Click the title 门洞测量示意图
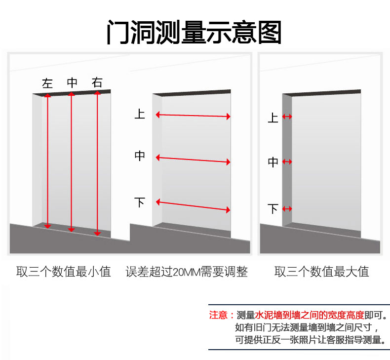point(195,32)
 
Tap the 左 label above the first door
point(47,83)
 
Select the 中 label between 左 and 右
point(72,83)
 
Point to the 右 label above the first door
point(97,83)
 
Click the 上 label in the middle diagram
point(140,114)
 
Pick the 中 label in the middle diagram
point(140,156)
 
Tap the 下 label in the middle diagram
point(140,202)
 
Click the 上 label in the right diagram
point(273,118)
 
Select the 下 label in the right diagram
point(273,209)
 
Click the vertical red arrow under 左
point(47,160)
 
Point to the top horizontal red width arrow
point(193,116)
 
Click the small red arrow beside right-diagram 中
point(287,161)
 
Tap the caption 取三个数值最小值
point(64,272)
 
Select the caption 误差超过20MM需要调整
point(187,272)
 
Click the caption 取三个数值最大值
point(322,272)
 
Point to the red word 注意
point(218,315)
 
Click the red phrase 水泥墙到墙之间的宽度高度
point(310,315)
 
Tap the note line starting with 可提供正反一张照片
point(309,340)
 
